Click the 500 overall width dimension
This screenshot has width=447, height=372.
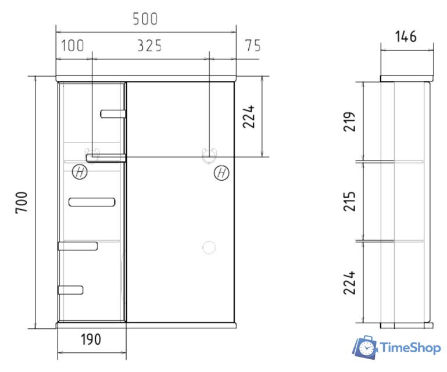point(145,19)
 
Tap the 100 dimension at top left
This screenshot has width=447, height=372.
point(73,45)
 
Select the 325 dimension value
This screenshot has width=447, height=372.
point(149,45)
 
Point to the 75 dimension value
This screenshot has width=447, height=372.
point(253,45)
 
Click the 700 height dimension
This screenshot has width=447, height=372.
point(22,202)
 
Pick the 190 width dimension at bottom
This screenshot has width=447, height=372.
point(91,339)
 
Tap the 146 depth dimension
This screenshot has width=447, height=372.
point(406,37)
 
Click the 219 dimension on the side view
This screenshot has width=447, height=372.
point(349,121)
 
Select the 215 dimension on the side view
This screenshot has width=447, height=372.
point(349,201)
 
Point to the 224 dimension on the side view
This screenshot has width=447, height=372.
point(349,282)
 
